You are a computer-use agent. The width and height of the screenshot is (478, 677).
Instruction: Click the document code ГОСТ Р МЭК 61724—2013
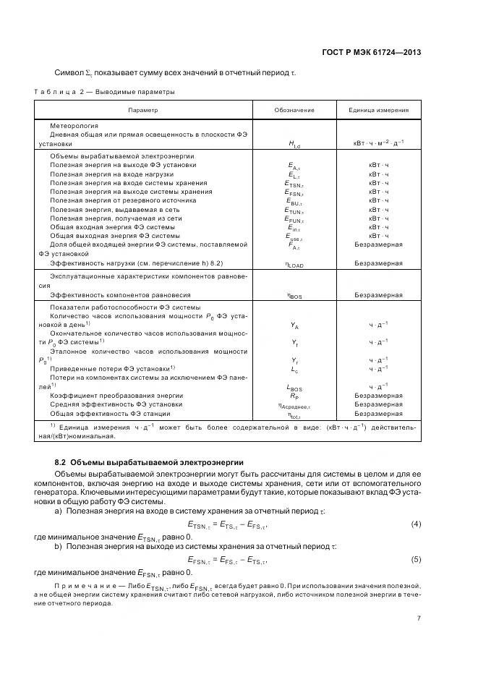pyautogui.click(x=371, y=52)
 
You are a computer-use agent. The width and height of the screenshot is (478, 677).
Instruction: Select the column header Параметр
pyautogui.click(x=142, y=110)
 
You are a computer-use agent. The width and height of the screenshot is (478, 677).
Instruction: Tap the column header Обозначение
pyautogui.click(x=294, y=110)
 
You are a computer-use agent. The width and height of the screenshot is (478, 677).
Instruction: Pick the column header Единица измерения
pyautogui.click(x=378, y=110)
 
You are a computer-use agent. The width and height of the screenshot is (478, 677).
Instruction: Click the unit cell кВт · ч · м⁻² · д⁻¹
pyautogui.click(x=378, y=145)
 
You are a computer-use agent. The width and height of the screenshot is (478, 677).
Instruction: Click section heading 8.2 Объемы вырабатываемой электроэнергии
pyautogui.click(x=149, y=461)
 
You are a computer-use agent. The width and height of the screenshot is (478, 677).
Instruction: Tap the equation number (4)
pyautogui.click(x=416, y=523)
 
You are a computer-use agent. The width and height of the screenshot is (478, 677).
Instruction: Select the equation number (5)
pyautogui.click(x=416, y=559)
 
